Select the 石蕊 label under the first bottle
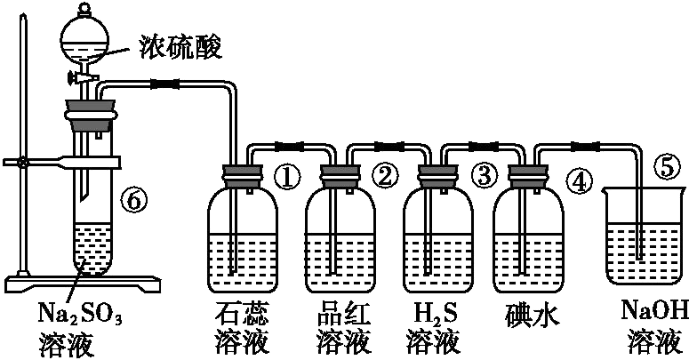242,313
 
